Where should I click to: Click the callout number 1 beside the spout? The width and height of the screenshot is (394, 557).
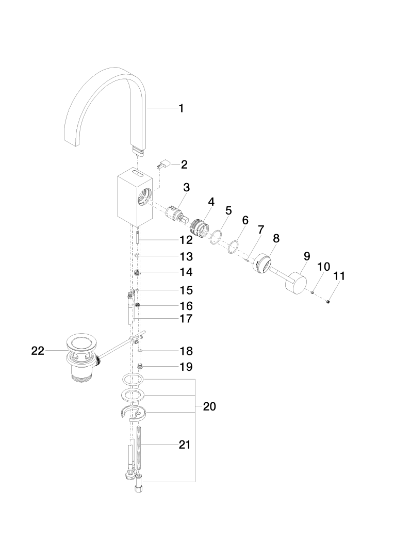[181, 108]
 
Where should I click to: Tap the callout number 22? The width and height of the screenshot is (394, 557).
[38, 351]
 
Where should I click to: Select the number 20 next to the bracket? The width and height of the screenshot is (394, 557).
[209, 406]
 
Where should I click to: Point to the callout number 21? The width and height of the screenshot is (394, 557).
[185, 445]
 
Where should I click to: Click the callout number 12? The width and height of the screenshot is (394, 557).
[186, 240]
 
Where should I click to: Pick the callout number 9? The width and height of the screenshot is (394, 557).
[307, 256]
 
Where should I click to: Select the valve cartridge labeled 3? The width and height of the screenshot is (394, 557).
[176, 214]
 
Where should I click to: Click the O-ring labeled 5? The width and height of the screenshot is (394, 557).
[216, 237]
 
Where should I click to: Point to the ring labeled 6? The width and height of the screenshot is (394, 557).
[233, 247]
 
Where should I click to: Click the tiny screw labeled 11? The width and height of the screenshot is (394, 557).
[328, 302]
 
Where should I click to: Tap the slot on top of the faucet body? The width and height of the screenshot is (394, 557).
[137, 174]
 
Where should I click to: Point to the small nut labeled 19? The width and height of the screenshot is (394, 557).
[140, 366]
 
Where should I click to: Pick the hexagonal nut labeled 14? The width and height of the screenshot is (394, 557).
[138, 272]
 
